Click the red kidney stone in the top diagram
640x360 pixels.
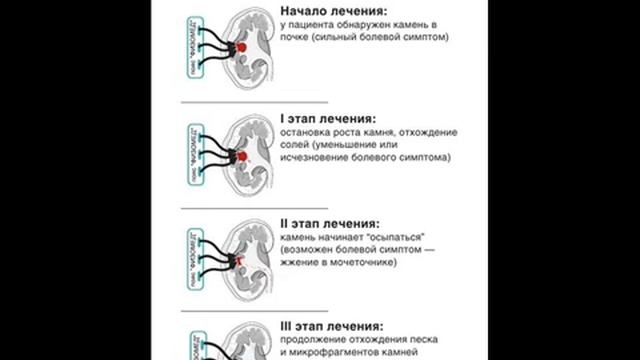click(x=242, y=47)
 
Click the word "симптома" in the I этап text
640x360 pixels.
click(x=423, y=157)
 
